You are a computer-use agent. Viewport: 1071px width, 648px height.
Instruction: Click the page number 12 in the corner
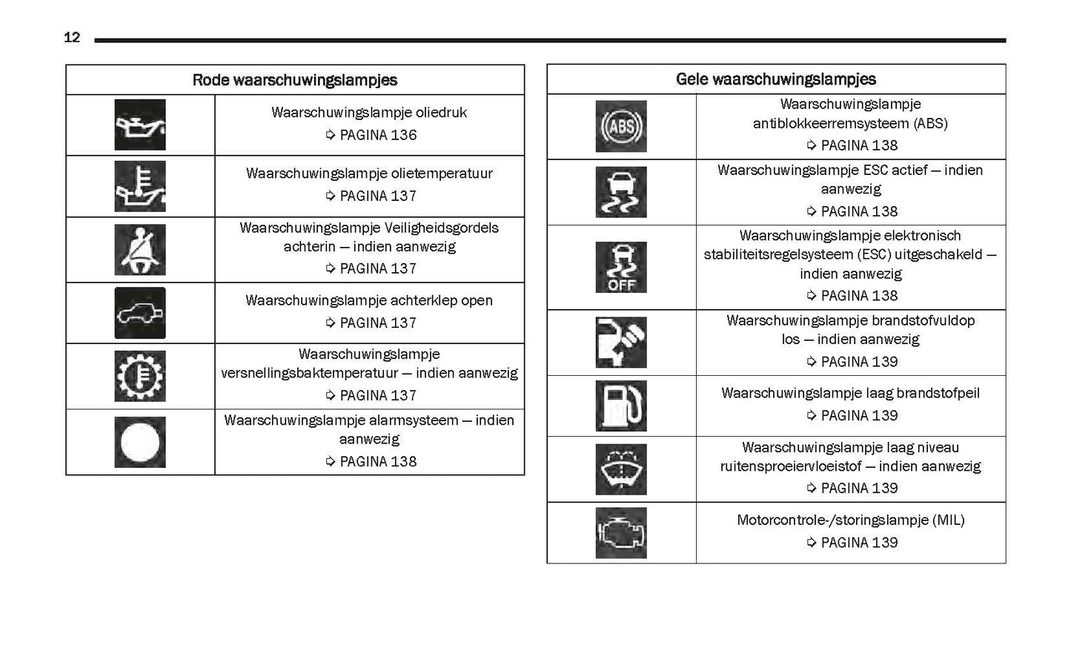[72, 37]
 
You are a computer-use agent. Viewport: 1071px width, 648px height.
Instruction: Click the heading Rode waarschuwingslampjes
[294, 80]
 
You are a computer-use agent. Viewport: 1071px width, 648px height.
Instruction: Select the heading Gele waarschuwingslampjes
[775, 79]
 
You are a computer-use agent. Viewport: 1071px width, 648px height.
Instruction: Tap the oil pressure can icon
[140, 125]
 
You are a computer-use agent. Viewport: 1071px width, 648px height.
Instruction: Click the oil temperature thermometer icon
[140, 186]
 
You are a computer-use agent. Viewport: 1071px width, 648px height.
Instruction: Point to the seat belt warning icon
[140, 250]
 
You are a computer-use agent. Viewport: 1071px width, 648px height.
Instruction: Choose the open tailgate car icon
[140, 313]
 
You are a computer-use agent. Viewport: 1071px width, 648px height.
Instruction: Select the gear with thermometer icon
[140, 376]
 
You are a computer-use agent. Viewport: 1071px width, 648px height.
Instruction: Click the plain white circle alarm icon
[140, 442]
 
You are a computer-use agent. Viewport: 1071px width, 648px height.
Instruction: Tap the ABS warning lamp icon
[621, 126]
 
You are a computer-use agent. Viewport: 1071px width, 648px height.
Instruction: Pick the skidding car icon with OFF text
[621, 267]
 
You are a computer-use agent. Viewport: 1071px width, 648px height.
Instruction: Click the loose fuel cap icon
[621, 343]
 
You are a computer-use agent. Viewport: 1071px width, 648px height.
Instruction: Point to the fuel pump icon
[621, 406]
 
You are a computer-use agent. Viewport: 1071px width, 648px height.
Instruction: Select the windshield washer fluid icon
[621, 469]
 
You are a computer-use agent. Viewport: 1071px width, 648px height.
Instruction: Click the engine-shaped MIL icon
[621, 533]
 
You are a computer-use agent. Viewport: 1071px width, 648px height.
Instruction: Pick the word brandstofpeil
[938, 393]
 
